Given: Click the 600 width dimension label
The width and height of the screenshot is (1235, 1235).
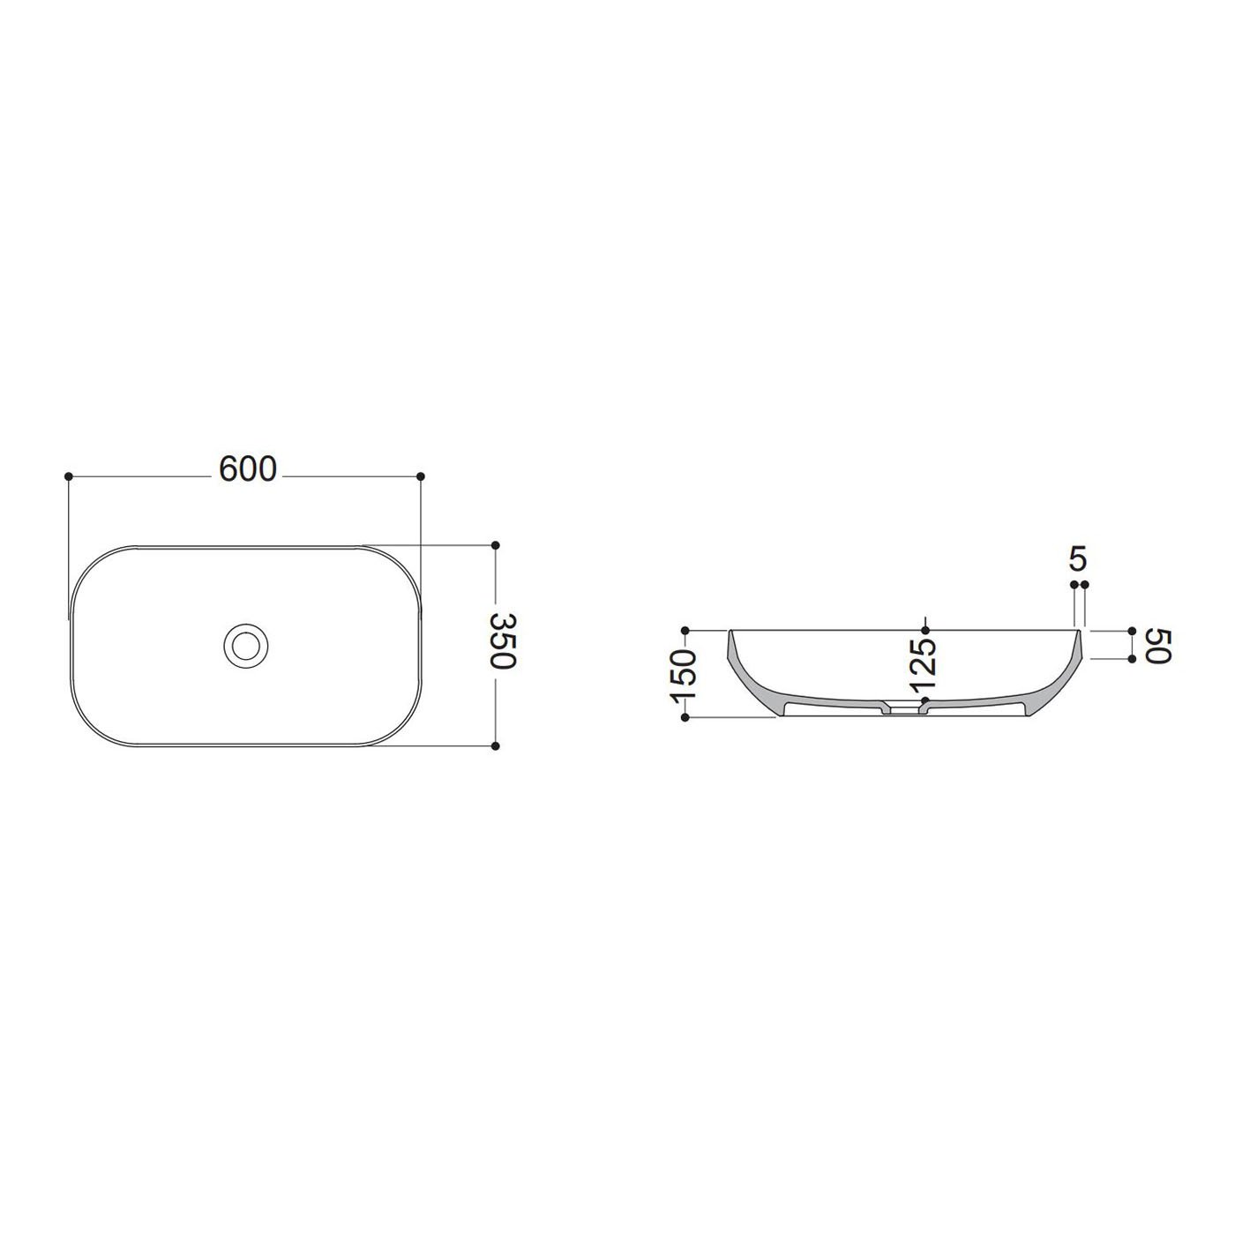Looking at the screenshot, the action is (247, 470).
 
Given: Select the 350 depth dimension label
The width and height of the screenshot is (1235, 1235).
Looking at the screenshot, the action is (504, 641).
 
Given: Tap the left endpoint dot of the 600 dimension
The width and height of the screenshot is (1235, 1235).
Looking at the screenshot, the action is (69, 476).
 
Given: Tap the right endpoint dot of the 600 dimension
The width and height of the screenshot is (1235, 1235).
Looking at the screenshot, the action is (421, 476).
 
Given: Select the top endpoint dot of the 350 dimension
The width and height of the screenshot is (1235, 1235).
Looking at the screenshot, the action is (495, 545).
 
